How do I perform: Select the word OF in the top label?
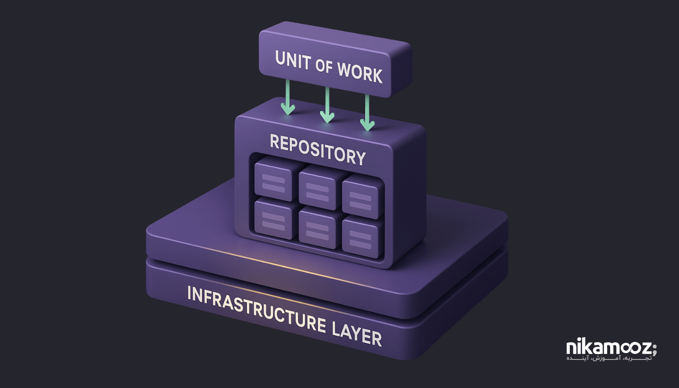point(323,66)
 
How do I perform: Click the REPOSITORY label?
point(317,149)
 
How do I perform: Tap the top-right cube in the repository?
point(360,196)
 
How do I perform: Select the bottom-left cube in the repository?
point(273,218)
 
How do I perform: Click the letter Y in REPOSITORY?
point(358,158)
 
